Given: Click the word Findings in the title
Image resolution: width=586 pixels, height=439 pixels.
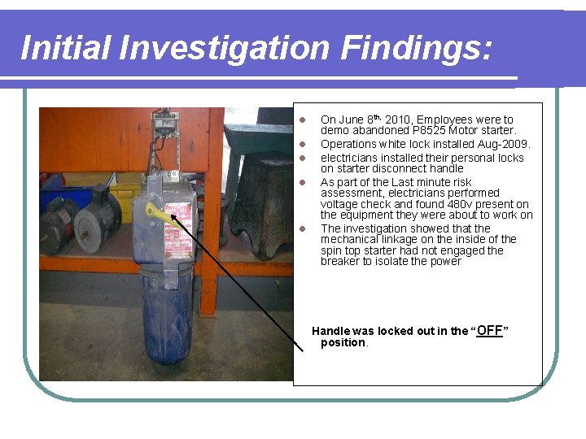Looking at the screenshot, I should [x=416, y=48].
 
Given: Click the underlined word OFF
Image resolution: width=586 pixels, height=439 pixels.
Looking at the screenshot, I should [x=489, y=330].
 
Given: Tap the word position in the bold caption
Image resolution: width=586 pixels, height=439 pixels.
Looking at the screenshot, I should [x=343, y=343].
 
